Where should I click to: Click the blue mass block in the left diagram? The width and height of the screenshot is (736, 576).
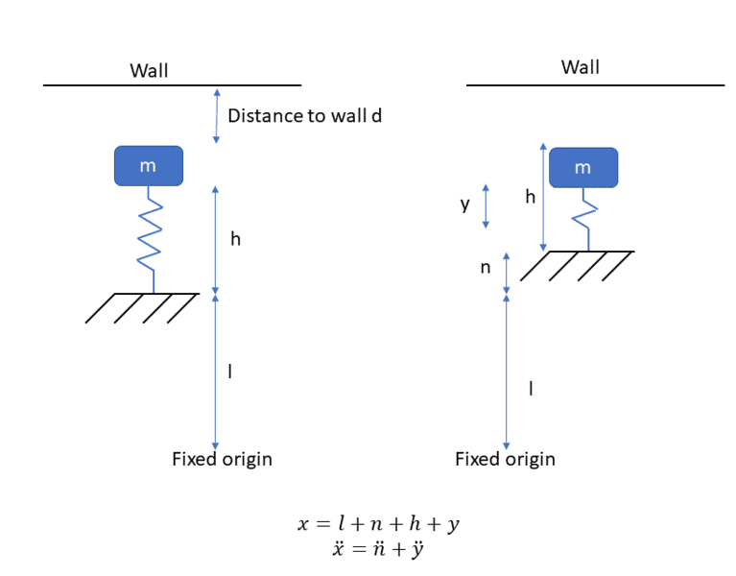click(147, 165)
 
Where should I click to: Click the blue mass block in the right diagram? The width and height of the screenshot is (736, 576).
click(582, 167)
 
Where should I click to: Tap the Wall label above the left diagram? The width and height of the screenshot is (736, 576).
click(149, 70)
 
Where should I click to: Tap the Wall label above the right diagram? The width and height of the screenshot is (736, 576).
click(580, 66)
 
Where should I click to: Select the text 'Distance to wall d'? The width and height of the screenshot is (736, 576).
click(305, 116)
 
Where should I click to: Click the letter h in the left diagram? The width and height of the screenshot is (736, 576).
click(235, 239)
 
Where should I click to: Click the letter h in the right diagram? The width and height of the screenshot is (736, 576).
click(530, 196)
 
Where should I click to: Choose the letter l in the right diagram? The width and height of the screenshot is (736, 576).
click(531, 388)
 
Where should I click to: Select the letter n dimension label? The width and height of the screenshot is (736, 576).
click(486, 268)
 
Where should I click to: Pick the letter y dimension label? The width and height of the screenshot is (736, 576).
click(464, 204)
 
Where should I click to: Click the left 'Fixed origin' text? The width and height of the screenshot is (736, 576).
click(222, 459)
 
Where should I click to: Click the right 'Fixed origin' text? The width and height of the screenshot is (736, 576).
click(505, 459)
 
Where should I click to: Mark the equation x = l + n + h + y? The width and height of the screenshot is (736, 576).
click(381, 525)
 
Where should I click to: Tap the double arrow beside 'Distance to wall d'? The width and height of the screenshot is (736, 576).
click(216, 115)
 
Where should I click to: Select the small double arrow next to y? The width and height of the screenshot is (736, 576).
click(487, 205)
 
